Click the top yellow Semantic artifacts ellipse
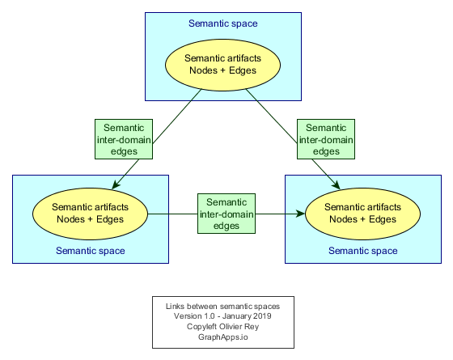coord(222,65)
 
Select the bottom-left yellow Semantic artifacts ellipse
coord(90,214)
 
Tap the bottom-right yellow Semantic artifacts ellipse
coord(363,214)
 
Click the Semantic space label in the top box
coord(223,23)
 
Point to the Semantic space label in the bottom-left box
coord(91,251)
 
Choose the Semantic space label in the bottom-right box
coord(363,251)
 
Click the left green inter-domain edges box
coord(124,139)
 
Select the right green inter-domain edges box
coord(326,139)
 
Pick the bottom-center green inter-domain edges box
coord(226,214)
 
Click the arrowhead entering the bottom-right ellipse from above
coord(336,184)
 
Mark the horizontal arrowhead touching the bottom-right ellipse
coord(300,214)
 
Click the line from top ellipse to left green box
coord(177,116)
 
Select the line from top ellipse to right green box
coord(271,116)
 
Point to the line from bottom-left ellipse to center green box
coord(172,214)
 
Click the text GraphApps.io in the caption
coord(223,337)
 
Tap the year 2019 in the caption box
coord(262,316)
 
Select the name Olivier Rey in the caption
coord(239,327)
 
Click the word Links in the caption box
coord(175,307)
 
